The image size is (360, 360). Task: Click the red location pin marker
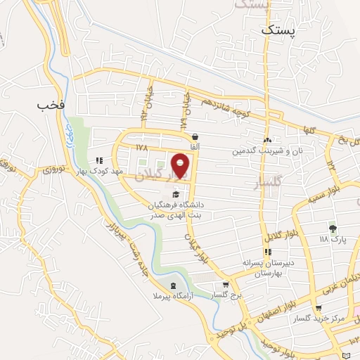click(x=181, y=165)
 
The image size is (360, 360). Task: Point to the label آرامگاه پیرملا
click(x=173, y=298)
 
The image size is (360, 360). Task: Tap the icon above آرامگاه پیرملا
click(x=173, y=286)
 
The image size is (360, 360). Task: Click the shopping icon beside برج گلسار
click(x=224, y=285)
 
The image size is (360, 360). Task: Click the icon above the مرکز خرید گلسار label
click(x=319, y=308)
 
